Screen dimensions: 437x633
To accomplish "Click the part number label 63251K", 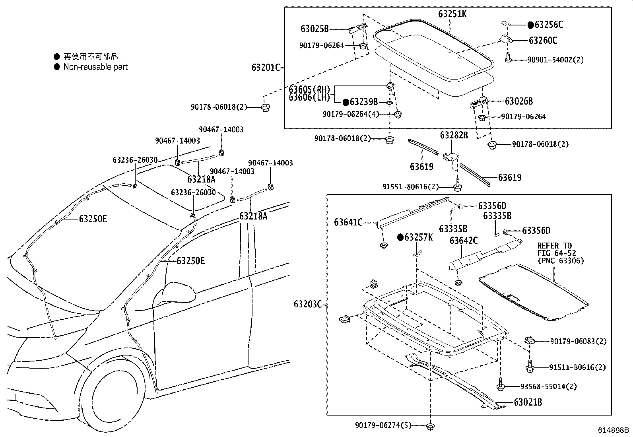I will point(452,14).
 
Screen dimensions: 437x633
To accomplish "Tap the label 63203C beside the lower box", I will point(308,305).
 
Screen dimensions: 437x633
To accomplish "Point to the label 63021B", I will point(528,402).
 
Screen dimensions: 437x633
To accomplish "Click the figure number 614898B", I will point(614,430).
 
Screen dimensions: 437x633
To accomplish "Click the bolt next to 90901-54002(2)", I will point(509,58).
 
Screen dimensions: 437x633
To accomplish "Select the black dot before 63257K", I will point(401,238).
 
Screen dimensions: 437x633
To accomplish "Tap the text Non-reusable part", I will point(95,67).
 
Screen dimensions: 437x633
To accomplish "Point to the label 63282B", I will point(454,135).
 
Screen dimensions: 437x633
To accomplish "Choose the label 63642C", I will point(464,241).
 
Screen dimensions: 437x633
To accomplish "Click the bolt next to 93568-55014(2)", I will point(501,385).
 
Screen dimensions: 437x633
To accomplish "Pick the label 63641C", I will point(348,222).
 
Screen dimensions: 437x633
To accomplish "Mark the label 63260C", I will point(543,40).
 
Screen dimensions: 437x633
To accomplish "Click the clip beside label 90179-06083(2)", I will point(529,340).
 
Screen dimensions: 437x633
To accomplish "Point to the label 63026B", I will point(518,101).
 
